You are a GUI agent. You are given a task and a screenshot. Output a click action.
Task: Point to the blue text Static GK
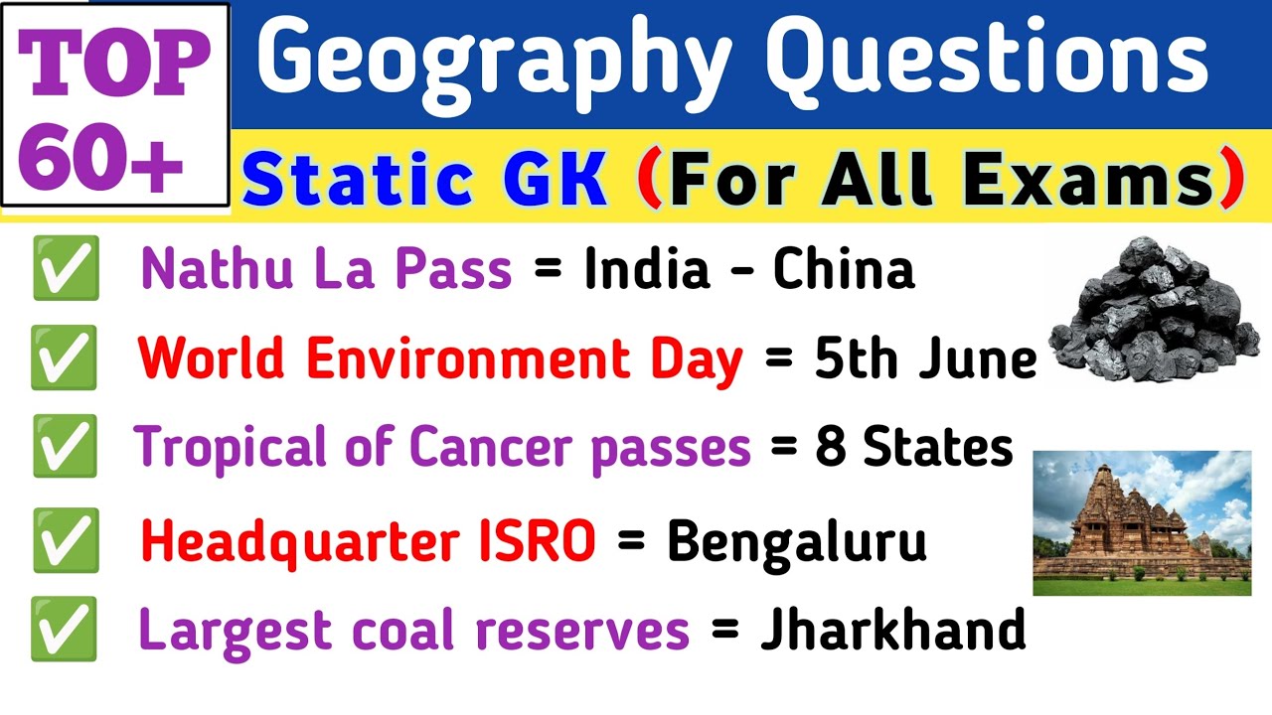[424, 180]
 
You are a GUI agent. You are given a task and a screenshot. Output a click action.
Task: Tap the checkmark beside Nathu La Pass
[66, 268]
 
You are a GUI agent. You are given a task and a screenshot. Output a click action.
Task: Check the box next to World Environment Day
[65, 358]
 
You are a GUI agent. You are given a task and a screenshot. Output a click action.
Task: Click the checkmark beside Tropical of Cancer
[65, 447]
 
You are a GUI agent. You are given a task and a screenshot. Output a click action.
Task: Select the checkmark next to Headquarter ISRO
[66, 541]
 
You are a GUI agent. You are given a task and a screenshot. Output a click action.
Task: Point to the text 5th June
[925, 359]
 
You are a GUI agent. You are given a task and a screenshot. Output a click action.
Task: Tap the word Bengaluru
[796, 541]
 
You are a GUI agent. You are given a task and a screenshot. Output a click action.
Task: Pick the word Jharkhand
[892, 630]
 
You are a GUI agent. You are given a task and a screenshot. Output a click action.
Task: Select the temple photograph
[1142, 522]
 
